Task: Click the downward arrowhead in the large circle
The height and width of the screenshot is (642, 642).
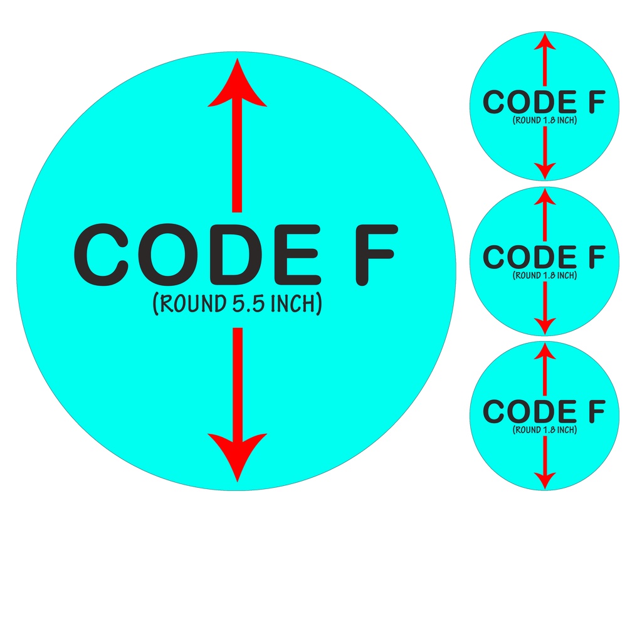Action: click(x=237, y=455)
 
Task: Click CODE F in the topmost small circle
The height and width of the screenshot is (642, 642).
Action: click(x=544, y=103)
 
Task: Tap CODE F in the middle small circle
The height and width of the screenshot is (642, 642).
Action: click(x=544, y=257)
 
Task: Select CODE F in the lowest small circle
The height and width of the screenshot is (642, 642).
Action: click(x=544, y=412)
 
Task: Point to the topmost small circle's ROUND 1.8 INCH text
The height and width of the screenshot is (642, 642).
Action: click(x=544, y=120)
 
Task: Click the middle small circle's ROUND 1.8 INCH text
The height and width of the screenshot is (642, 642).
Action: click(x=544, y=275)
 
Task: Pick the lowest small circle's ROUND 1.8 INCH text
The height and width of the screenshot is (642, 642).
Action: click(x=544, y=430)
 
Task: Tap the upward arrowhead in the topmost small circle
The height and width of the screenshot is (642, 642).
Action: click(x=545, y=43)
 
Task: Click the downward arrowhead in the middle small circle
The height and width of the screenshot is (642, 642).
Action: click(x=545, y=325)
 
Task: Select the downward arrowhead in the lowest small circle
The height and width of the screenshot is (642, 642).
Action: click(x=545, y=480)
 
